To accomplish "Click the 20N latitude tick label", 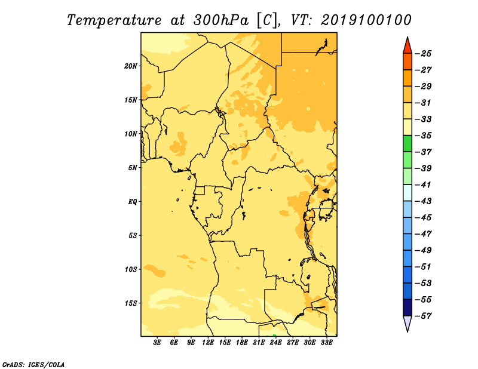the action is point(131,66).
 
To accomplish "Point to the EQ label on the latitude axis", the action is point(133,202).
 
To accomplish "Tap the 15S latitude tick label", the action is point(131,303).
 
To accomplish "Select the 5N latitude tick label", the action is point(133,168).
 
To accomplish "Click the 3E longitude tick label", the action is point(157,343).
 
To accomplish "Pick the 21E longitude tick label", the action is point(259,343).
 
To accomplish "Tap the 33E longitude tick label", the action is point(326,343).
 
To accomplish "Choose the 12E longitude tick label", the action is point(208,343).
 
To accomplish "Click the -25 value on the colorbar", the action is point(424,54).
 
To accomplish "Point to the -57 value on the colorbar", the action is point(424,316).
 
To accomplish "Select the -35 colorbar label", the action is point(424,136).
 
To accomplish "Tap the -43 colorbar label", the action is point(424,201).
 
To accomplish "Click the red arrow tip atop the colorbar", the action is point(407,38).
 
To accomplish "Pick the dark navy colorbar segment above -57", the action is point(407,307).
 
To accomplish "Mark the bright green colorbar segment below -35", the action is point(407,143).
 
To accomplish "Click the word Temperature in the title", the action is point(114,20).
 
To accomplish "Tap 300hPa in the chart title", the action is point(221,20).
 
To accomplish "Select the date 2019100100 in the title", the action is point(366,20).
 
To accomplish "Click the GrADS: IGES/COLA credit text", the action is point(33,365).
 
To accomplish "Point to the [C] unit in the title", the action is point(267,20).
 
